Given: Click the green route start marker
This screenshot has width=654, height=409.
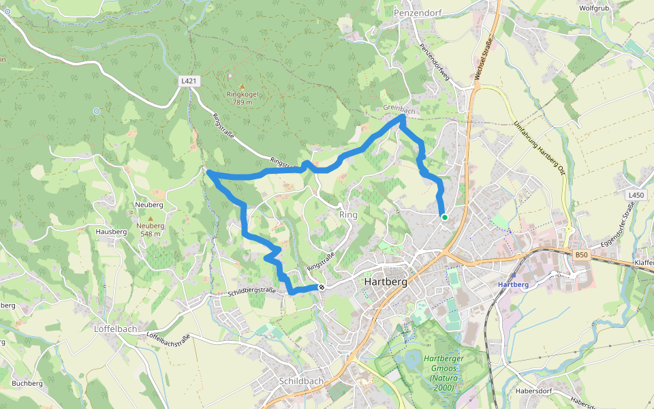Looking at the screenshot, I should pyautogui.click(x=444, y=217).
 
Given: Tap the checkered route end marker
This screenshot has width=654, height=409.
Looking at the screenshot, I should pyautogui.click(x=321, y=287).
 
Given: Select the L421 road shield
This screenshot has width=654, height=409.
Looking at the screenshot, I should pyautogui.click(x=189, y=81).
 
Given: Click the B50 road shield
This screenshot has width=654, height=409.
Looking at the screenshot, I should pyautogui.click(x=580, y=255).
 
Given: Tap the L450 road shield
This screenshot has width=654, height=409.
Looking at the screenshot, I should pyautogui.click(x=635, y=195).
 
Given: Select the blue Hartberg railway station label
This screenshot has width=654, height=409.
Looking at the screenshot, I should pyautogui.click(x=514, y=284).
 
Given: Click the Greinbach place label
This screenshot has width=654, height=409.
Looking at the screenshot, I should pyautogui.click(x=399, y=110).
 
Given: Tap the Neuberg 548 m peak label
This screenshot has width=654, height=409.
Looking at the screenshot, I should pyautogui.click(x=151, y=229).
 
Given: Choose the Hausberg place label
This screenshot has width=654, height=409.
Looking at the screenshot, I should pyautogui.click(x=112, y=232).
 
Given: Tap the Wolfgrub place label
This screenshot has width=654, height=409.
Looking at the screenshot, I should pyautogui.click(x=593, y=8).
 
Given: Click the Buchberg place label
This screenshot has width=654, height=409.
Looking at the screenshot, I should pyautogui.click(x=27, y=383).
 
